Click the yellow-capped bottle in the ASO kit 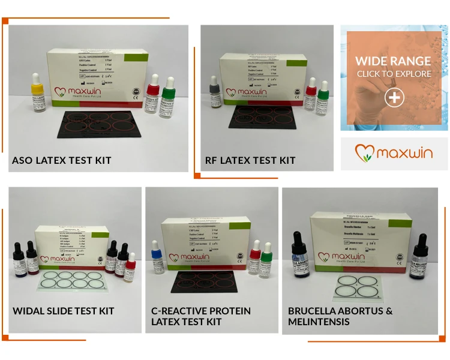37,97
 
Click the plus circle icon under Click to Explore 394,98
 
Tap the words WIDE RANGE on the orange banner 393,61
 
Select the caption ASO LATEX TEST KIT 62,160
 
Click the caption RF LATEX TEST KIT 250,160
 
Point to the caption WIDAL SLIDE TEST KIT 64,311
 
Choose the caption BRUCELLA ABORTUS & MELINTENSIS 340,316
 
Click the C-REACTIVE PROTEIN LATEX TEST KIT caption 201,316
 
